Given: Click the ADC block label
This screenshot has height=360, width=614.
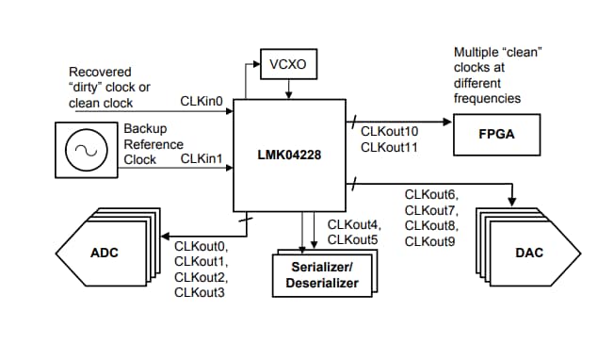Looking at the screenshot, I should (x=105, y=254).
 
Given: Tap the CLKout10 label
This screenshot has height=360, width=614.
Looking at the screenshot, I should (x=390, y=131).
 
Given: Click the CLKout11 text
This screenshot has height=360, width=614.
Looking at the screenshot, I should (x=390, y=147).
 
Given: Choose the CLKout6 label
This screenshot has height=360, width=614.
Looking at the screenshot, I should (x=430, y=195).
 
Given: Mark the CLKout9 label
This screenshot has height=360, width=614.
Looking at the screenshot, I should (x=430, y=242).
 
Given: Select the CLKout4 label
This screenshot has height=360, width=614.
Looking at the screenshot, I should (x=355, y=225).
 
